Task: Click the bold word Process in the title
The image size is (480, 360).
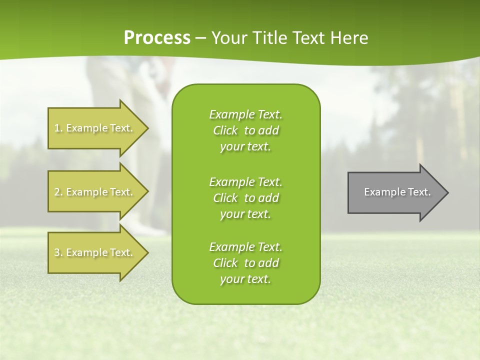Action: [x=157, y=38]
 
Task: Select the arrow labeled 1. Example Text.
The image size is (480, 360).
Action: [x=95, y=128]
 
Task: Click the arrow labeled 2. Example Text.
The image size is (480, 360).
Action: [x=95, y=192]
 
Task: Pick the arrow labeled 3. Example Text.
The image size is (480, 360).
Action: [x=95, y=252]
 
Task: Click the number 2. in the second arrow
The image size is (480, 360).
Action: [x=58, y=192]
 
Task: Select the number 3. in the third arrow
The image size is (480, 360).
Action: [x=58, y=252]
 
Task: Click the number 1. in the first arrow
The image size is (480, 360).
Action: [x=58, y=128]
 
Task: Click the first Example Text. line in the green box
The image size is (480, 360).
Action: [x=245, y=114]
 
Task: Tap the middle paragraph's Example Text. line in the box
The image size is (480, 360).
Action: [x=245, y=182]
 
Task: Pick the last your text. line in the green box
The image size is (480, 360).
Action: [x=245, y=279]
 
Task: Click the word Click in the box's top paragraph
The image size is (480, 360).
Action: [x=225, y=130]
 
